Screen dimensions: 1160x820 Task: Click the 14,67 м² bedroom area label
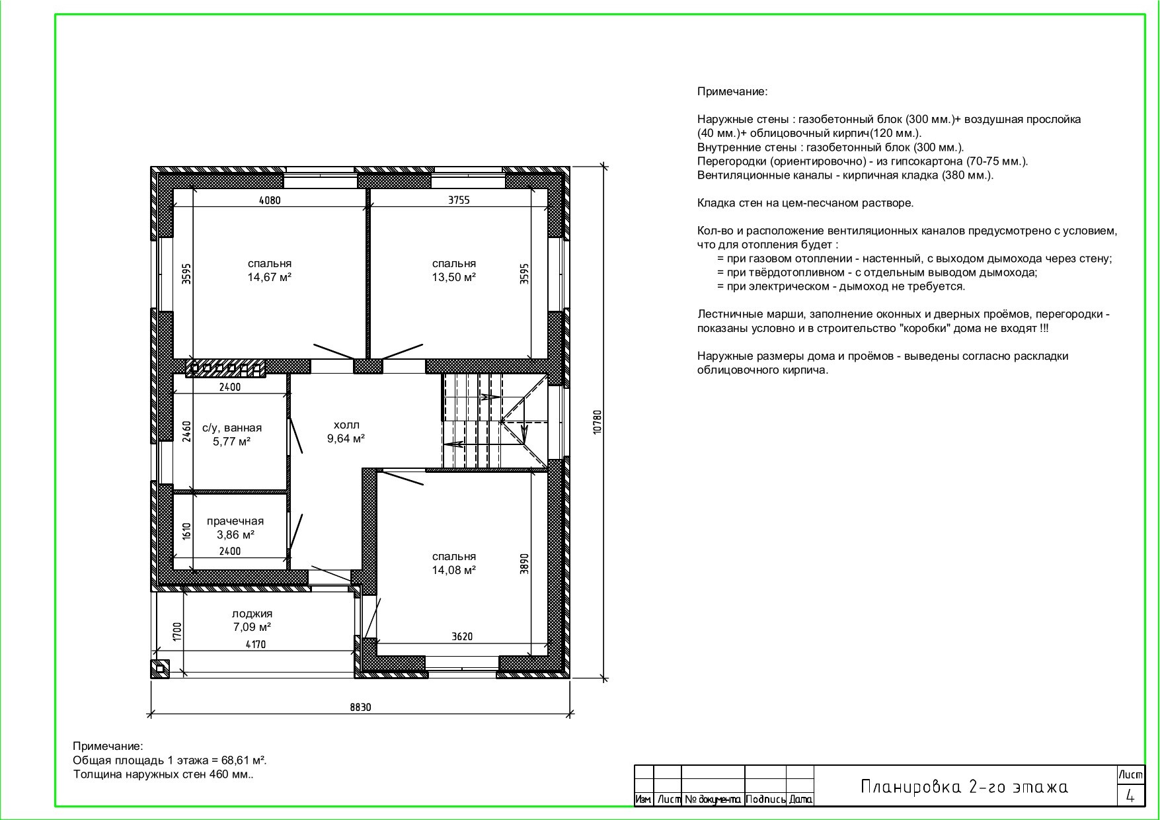coord(270,278)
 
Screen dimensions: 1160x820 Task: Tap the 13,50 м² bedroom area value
coord(454,278)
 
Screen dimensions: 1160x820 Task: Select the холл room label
coord(346,425)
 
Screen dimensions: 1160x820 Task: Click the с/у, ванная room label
coord(232,429)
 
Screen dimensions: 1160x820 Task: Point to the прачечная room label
coord(235,522)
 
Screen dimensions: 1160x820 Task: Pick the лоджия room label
coord(252,614)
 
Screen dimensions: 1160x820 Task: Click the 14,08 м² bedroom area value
coord(454,570)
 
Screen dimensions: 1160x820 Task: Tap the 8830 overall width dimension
coord(361,707)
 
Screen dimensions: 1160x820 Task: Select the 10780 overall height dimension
coord(598,422)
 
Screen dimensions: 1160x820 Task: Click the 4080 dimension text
coord(270,200)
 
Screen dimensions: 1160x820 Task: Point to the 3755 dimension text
coord(459,200)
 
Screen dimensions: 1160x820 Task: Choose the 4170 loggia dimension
coord(255,644)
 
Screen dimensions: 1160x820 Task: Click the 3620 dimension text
coord(462,637)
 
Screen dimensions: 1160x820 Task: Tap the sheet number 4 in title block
coord(1130,796)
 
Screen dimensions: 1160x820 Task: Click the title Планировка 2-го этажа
coord(964,787)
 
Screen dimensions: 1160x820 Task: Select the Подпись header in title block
coord(765,799)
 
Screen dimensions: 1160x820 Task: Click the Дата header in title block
coord(800,799)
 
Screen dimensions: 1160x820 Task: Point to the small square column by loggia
coord(160,669)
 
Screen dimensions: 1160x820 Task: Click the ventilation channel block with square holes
coord(226,368)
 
